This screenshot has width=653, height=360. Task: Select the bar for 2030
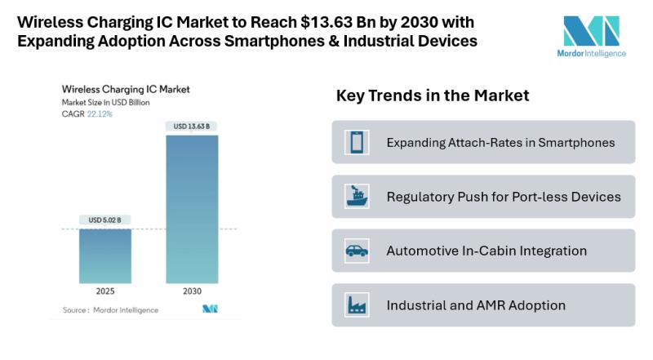192,208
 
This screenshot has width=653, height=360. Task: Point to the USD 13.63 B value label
192,126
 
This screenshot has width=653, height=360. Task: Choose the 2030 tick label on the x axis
192,291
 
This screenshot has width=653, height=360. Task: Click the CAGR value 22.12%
100,114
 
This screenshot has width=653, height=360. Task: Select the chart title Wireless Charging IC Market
121,91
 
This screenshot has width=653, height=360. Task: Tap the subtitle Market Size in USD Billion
106,103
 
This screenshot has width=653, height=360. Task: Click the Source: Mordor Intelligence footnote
110,310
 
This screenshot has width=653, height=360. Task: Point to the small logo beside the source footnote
210,309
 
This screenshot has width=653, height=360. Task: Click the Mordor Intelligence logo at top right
594,36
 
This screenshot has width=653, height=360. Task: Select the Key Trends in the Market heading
433,96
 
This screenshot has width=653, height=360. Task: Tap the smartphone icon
357,142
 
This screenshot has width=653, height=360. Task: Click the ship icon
357,197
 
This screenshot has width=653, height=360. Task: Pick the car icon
357,251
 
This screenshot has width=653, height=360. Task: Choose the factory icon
357,305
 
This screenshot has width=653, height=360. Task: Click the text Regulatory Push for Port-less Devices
504,197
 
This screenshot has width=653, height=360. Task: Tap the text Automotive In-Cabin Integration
486,251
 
